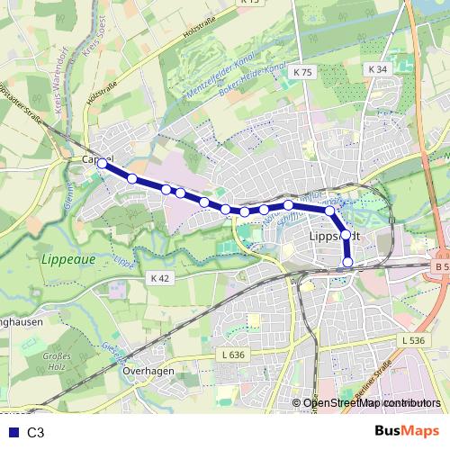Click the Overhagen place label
[142, 370]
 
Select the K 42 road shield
[160, 278]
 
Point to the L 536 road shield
[409, 339]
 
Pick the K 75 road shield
[302, 71]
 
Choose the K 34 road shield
[378, 68]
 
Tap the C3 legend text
[36, 432]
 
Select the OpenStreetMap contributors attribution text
[372, 404]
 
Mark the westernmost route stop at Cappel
[103, 165]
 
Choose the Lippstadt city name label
[334, 234]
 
